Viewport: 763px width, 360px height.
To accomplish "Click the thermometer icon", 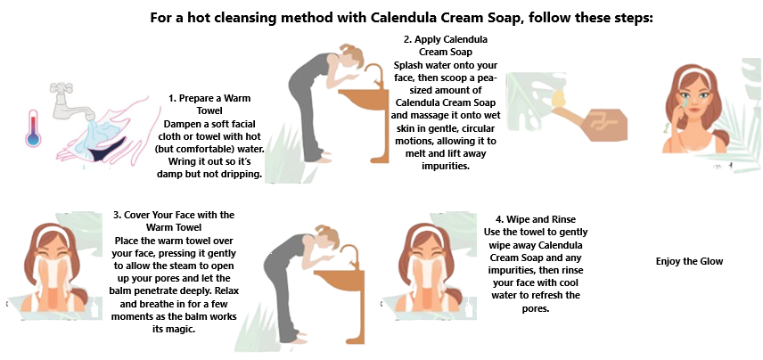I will pyautogui.click(x=33, y=126).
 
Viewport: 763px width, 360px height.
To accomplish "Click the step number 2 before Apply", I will pyautogui.click(x=406, y=40).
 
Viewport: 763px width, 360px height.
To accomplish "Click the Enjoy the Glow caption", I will pyautogui.click(x=689, y=261).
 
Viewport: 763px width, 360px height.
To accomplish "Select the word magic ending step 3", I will pyautogui.click(x=178, y=329).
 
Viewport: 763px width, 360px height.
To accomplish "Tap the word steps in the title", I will pyautogui.click(x=630, y=17).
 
